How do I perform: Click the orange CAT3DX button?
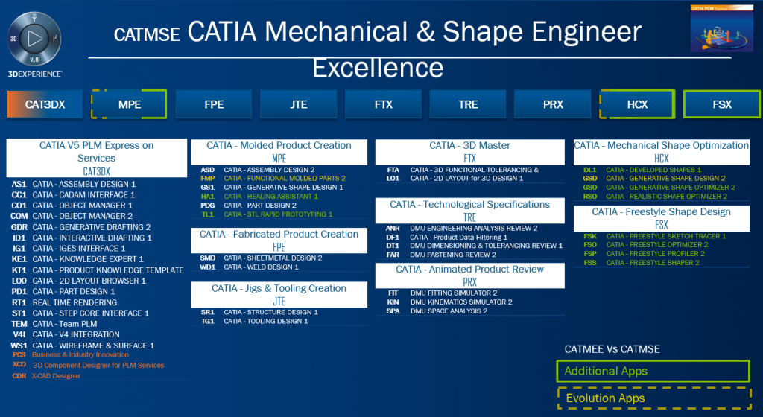(x=45, y=104)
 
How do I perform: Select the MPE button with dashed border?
(x=130, y=104)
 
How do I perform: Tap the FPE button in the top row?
(x=214, y=104)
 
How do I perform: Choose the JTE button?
(x=298, y=104)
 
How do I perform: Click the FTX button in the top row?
(x=383, y=104)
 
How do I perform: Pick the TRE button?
(x=468, y=104)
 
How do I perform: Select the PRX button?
(x=553, y=104)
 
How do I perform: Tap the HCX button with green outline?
(x=638, y=104)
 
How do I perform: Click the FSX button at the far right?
(x=721, y=104)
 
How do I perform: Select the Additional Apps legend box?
(x=652, y=371)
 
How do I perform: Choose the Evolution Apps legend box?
(x=652, y=398)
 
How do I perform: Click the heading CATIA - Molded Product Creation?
(x=279, y=146)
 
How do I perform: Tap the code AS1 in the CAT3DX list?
(x=19, y=184)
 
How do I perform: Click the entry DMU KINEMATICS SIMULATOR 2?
(x=460, y=302)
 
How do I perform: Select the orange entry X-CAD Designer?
(x=56, y=376)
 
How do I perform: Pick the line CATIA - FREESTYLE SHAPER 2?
(x=652, y=263)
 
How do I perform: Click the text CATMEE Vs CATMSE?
(x=612, y=349)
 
